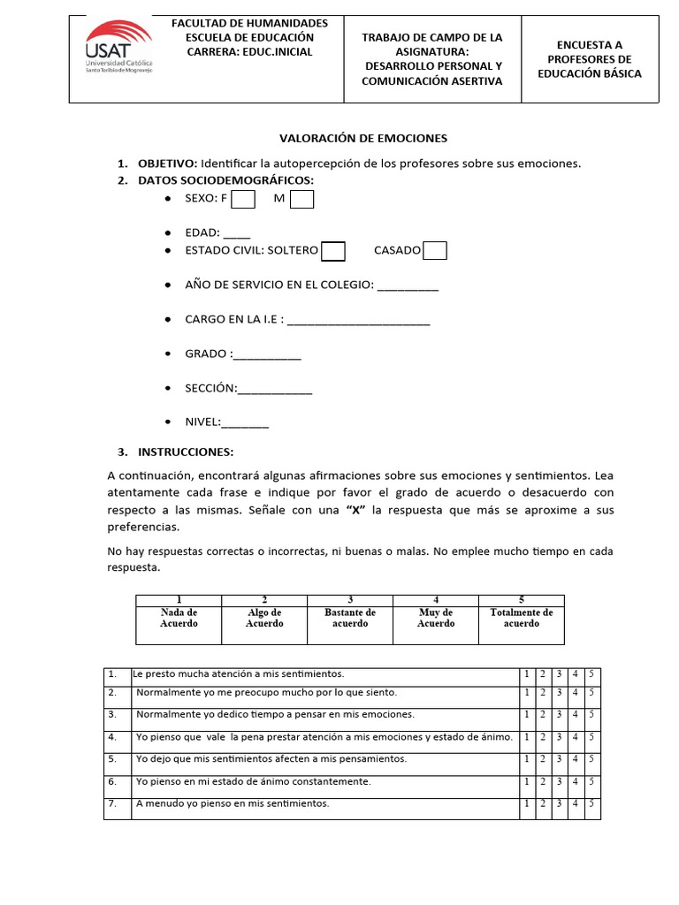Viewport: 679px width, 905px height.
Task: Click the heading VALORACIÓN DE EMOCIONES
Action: tap(363, 138)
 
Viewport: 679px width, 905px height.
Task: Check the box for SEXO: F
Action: tap(243, 199)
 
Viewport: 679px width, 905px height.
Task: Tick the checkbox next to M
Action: tap(302, 199)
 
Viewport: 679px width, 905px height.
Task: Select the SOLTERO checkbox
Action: tap(333, 251)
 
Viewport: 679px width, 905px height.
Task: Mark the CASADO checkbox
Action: tap(435, 251)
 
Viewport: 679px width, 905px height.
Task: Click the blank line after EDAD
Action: tap(237, 234)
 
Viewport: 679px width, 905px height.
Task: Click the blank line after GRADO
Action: tap(268, 354)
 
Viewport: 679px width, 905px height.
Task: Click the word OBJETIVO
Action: tap(167, 164)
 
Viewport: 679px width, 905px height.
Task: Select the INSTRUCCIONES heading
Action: tap(185, 452)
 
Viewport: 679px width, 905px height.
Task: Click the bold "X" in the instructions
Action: tap(354, 510)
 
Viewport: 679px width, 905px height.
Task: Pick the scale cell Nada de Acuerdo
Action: tap(179, 618)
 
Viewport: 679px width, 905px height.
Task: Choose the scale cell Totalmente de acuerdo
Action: tap(521, 618)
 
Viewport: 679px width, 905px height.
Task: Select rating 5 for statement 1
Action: tap(591, 674)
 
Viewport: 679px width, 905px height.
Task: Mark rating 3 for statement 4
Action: tap(559, 737)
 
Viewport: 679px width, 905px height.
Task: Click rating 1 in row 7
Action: tap(527, 804)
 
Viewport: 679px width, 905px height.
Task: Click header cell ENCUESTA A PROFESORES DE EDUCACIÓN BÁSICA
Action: tap(589, 59)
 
